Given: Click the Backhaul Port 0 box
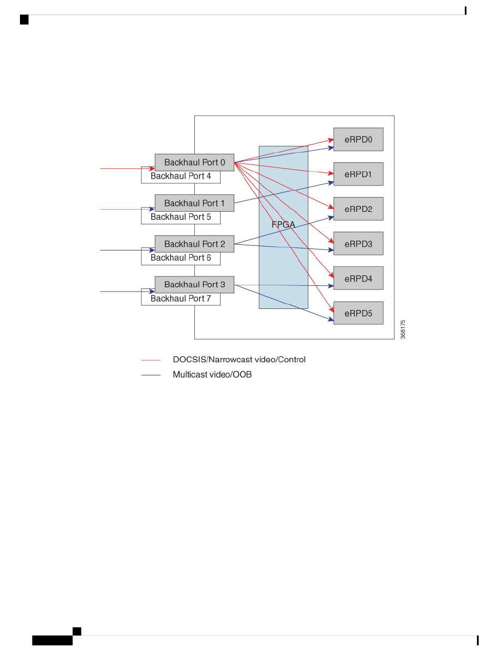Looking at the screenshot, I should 194,162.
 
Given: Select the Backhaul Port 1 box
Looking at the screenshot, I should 194,203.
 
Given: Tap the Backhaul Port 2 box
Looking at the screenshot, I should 194,244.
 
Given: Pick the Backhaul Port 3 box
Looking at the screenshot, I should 194,284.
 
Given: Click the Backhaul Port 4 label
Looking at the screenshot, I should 181,177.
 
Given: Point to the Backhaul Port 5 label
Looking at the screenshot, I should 181,217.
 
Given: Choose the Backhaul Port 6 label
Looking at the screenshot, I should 181,258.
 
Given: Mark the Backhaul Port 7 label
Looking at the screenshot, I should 181,299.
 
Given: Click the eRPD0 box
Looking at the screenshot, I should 358,139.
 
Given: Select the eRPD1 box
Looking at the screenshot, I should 358,174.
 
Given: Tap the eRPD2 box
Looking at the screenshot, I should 358,209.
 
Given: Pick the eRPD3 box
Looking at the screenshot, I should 358,243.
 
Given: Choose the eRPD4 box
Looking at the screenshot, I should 358,278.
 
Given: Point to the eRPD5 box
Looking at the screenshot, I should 358,313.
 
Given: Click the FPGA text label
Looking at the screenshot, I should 283,224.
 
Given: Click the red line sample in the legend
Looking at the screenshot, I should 151,360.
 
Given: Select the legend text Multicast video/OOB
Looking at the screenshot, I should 212,375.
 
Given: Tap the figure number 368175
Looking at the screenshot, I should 403,329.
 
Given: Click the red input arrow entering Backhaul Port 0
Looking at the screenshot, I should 126,169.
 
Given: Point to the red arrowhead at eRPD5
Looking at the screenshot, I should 331,309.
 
